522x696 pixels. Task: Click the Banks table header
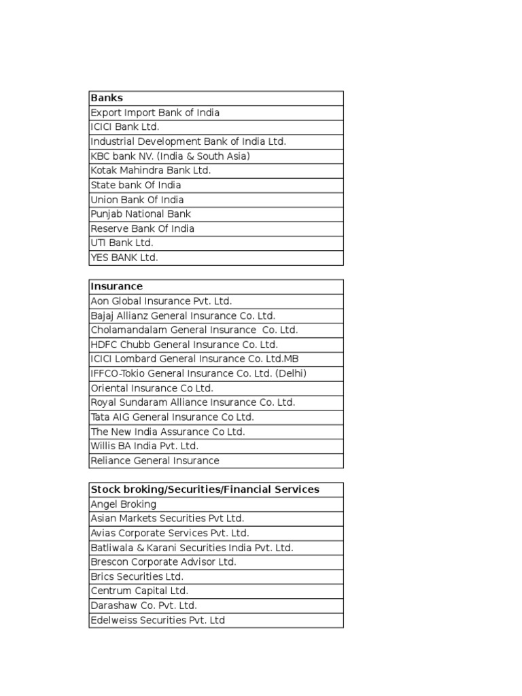point(107,98)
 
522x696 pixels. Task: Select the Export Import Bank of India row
point(155,113)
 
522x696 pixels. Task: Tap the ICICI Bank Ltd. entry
point(125,127)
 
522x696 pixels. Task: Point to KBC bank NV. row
point(170,156)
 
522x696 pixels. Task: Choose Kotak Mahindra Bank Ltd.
point(151,171)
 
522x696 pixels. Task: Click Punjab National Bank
point(141,214)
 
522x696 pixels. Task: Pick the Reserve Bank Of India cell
point(142,228)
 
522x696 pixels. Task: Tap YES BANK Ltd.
point(124,258)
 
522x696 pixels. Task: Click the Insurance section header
point(116,286)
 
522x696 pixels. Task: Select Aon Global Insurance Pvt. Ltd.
point(161,301)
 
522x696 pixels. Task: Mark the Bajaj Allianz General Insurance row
point(183,316)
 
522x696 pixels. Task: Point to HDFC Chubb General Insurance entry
point(184,345)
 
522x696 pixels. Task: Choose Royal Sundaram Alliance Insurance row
point(193,402)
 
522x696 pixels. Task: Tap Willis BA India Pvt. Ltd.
point(144,446)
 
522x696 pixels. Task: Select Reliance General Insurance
point(155,461)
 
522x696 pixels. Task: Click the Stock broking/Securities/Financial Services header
point(205,489)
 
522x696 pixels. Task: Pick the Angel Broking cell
point(123,504)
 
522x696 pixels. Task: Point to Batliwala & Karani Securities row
point(192,548)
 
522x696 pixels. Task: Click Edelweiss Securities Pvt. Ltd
point(158,620)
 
